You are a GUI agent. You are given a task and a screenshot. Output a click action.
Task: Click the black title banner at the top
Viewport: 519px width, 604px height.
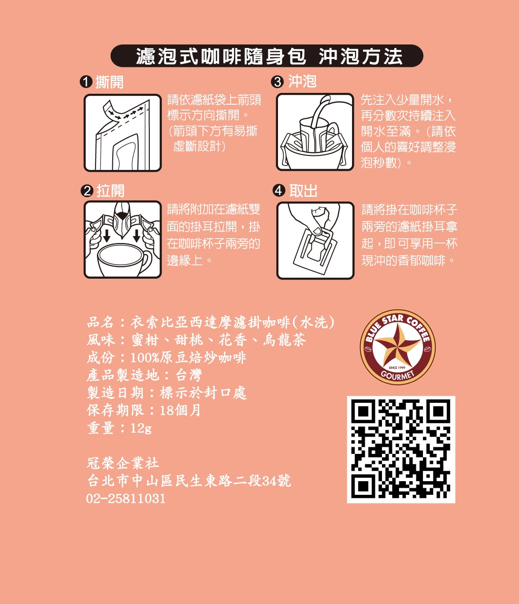(267, 56)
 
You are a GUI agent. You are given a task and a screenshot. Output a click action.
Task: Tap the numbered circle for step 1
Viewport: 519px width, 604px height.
(86, 82)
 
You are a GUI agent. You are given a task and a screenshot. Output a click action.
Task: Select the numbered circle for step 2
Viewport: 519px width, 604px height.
(87, 191)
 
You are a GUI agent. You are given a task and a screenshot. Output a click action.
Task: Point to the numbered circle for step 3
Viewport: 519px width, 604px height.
(278, 82)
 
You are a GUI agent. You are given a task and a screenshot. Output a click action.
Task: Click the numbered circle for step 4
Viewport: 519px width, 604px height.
(278, 191)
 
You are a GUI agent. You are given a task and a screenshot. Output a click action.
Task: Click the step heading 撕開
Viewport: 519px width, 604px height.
(110, 82)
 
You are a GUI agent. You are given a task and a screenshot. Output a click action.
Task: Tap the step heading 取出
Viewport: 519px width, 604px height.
(303, 191)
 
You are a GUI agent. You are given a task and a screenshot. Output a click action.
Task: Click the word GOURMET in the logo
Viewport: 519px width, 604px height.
(398, 376)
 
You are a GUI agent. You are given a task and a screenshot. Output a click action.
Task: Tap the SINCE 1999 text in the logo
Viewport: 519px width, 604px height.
(397, 368)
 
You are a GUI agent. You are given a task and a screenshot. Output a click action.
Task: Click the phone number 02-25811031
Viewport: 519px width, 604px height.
(126, 498)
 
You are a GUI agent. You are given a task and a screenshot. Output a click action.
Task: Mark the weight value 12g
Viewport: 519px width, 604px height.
(141, 428)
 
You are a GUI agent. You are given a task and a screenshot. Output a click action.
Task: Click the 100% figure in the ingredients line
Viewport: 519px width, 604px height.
(145, 357)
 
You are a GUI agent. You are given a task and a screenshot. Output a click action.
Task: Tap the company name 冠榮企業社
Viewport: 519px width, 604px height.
(123, 463)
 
